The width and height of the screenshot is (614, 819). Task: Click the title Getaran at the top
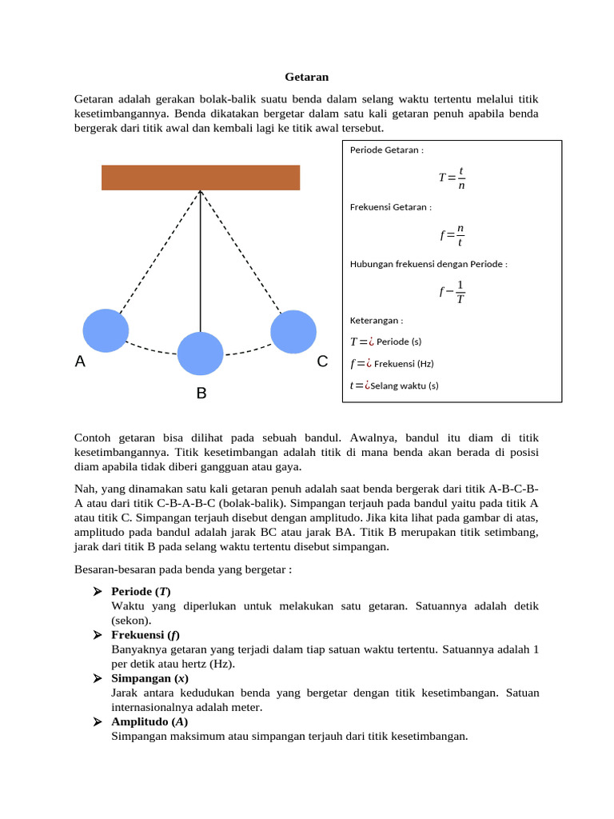pyautogui.click(x=307, y=78)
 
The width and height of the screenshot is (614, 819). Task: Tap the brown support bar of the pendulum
pyautogui.click(x=201, y=178)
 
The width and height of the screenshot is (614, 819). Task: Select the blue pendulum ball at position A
pyautogui.click(x=106, y=330)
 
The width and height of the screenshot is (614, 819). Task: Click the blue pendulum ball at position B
pyautogui.click(x=200, y=354)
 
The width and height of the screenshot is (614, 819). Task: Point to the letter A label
pyautogui.click(x=80, y=362)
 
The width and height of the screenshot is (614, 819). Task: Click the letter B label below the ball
pyautogui.click(x=201, y=394)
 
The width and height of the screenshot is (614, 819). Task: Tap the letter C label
pyautogui.click(x=322, y=362)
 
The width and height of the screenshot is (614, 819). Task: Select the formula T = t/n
pyautogui.click(x=452, y=178)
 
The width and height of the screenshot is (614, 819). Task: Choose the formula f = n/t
pyautogui.click(x=452, y=235)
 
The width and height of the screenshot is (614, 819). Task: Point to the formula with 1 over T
pyautogui.click(x=452, y=293)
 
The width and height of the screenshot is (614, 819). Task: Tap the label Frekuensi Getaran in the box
pyautogui.click(x=391, y=206)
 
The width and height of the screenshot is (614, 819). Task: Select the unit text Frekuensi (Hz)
pyautogui.click(x=404, y=363)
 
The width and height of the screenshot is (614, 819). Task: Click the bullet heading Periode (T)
pyautogui.click(x=141, y=592)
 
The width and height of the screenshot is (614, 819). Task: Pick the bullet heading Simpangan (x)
pyautogui.click(x=150, y=678)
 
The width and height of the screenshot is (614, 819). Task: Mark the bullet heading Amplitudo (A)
pyautogui.click(x=150, y=721)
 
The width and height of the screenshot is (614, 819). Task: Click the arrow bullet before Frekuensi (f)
pyautogui.click(x=97, y=635)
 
